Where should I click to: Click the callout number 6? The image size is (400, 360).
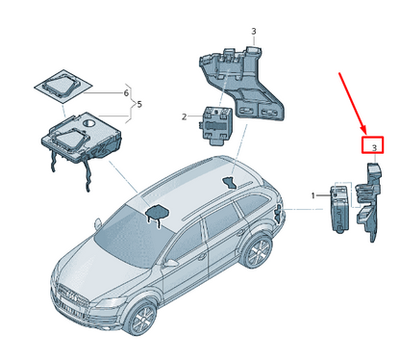(126, 93)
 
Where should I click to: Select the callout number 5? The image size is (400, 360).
(139, 104)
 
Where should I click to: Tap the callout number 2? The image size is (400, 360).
(184, 116)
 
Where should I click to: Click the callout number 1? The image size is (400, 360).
(313, 195)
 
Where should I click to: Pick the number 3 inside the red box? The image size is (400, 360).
(374, 148)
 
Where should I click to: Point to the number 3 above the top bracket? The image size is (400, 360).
(254, 31)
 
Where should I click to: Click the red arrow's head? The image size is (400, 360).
(363, 129)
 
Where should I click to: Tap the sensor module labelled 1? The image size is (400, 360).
(339, 208)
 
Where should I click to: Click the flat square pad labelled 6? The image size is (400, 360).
(63, 86)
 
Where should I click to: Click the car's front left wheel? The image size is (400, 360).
(143, 318)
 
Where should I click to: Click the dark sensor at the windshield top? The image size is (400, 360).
(158, 213)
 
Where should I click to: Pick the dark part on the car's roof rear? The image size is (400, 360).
(231, 182)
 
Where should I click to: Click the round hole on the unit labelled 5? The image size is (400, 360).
(89, 122)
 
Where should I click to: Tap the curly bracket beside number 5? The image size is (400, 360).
(131, 104)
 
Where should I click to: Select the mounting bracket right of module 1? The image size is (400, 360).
(370, 200)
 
